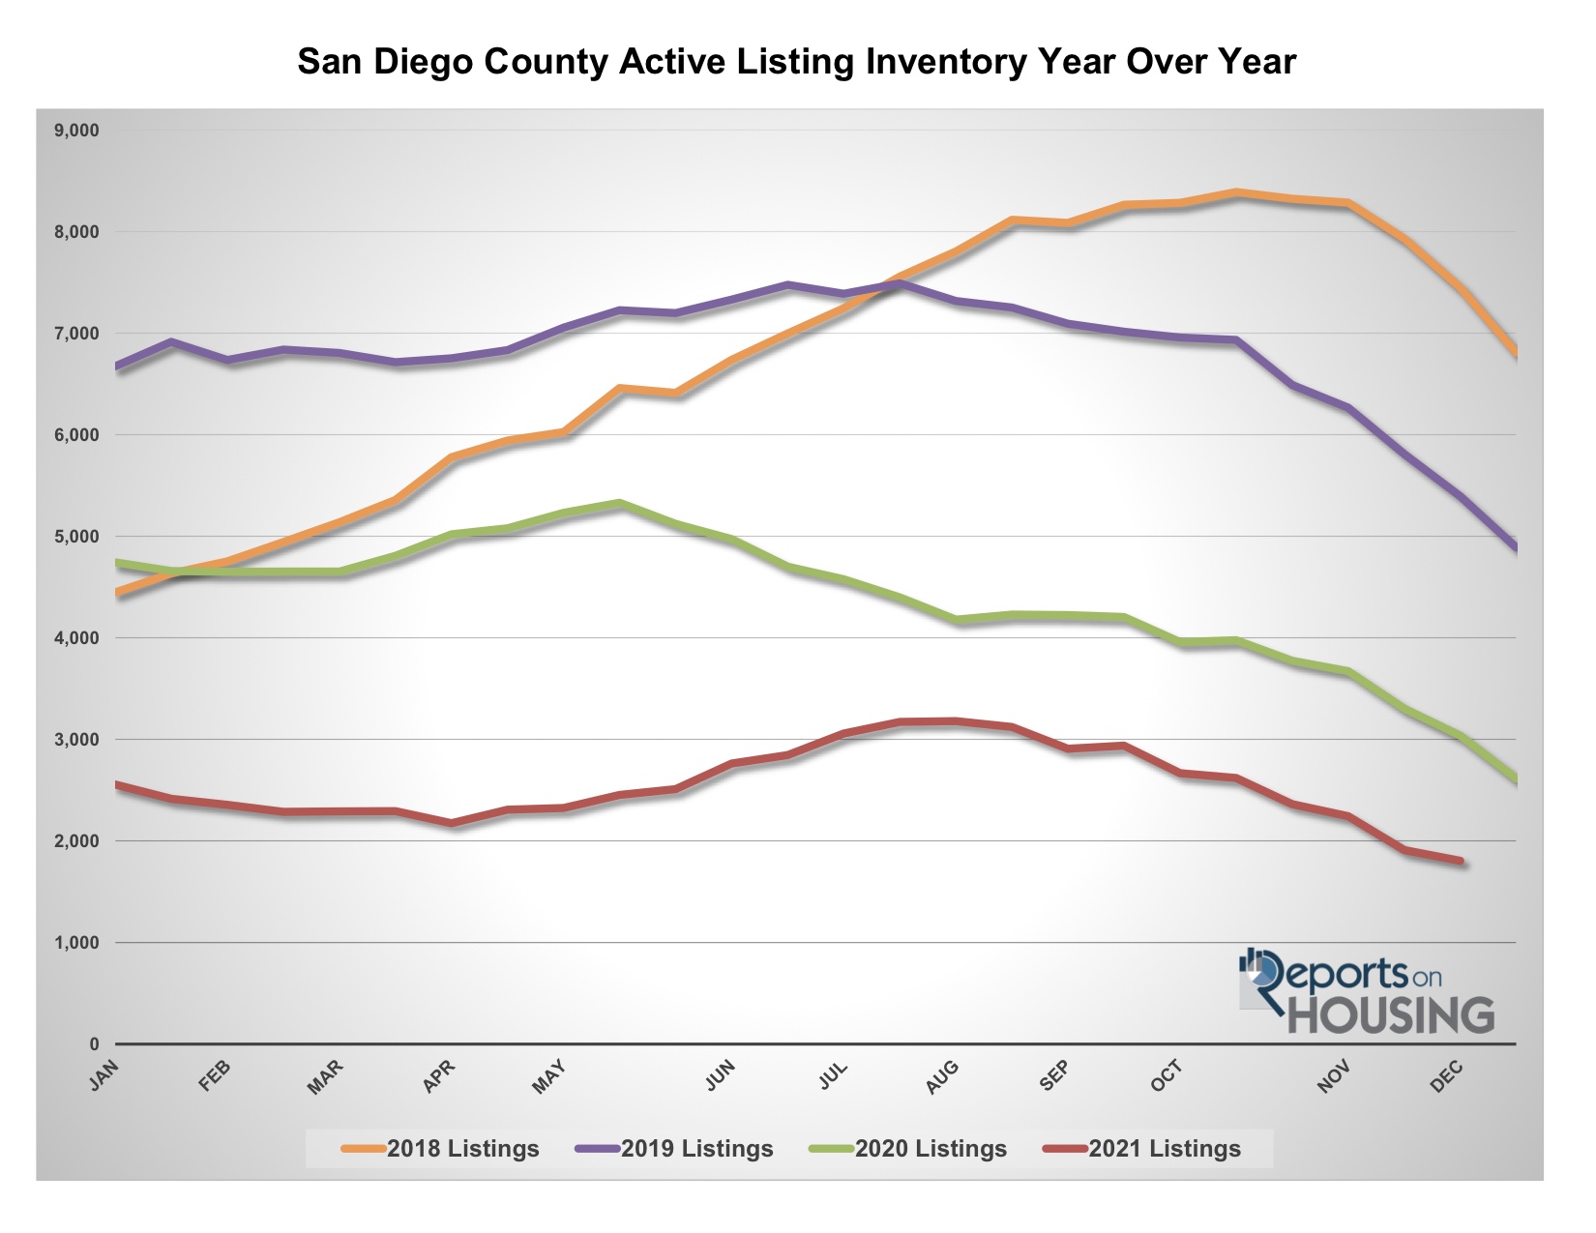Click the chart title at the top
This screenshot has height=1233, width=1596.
(796, 62)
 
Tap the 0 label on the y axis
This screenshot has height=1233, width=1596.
(94, 1044)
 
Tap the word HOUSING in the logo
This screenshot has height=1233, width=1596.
(1391, 1015)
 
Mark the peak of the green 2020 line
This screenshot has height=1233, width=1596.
(620, 503)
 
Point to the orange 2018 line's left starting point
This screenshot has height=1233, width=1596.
(117, 592)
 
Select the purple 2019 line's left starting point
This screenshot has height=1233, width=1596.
(117, 367)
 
